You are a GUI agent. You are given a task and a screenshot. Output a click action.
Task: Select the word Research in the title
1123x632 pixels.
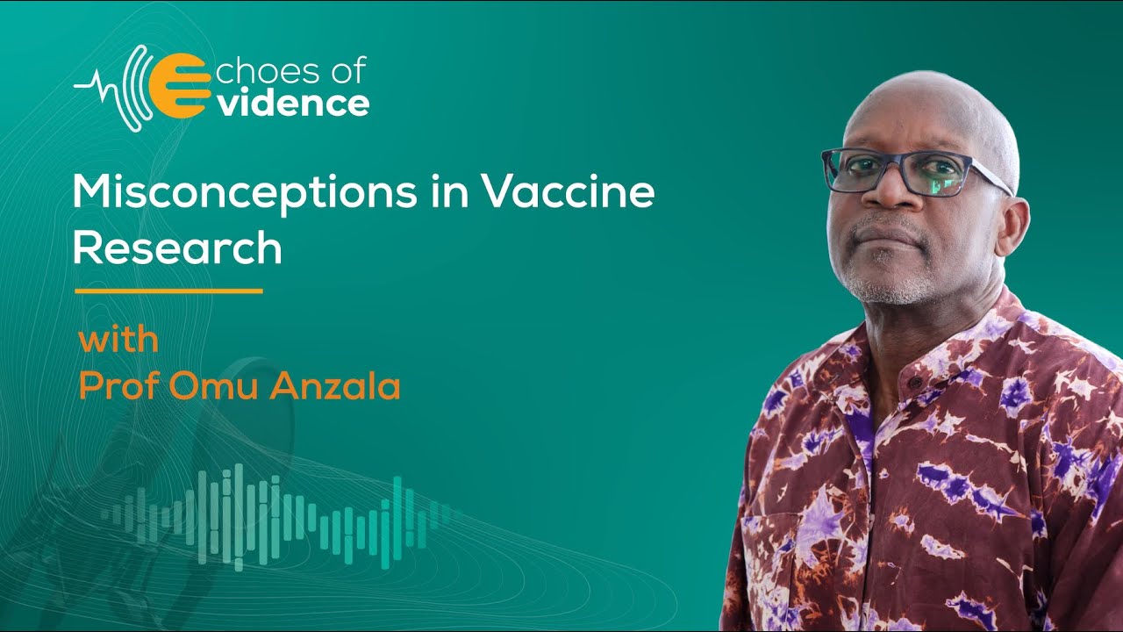tap(176, 248)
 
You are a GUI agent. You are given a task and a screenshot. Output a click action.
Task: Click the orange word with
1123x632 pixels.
tap(118, 340)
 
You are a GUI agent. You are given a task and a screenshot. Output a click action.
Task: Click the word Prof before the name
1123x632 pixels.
tap(118, 386)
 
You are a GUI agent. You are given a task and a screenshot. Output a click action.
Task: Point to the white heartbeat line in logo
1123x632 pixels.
tap(97, 86)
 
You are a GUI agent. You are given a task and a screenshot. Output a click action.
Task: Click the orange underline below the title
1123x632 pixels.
tap(168, 291)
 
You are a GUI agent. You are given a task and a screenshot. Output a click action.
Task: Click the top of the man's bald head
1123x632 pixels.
tap(930, 88)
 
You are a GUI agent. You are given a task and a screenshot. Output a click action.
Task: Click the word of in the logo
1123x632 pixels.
tap(345, 70)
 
